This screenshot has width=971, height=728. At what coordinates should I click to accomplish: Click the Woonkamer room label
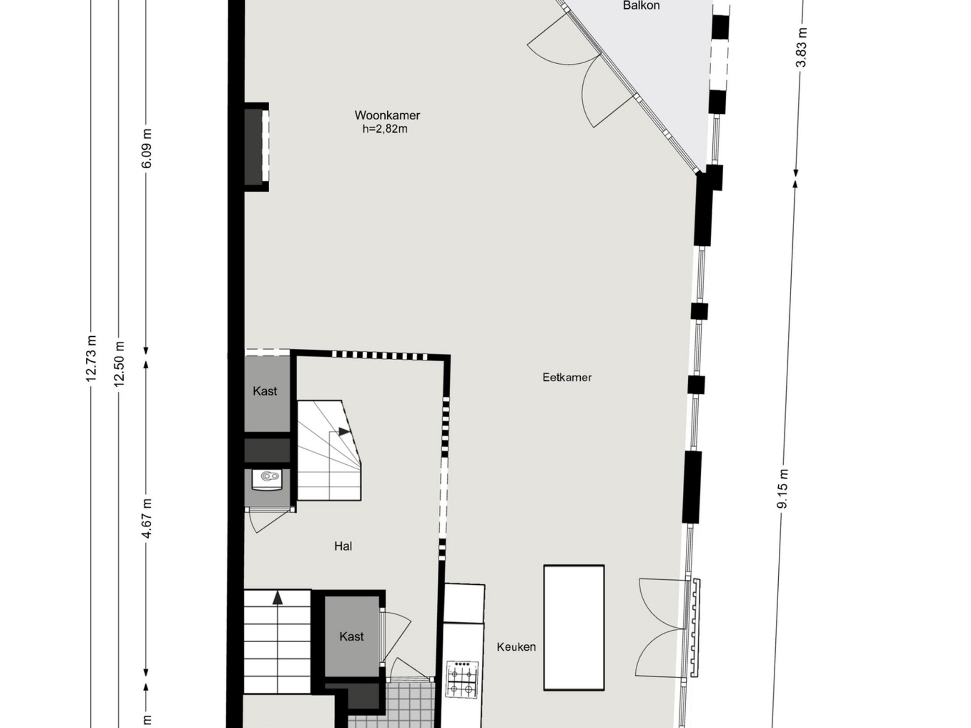[x=387, y=115]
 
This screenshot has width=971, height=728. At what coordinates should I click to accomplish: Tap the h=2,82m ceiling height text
[x=385, y=129]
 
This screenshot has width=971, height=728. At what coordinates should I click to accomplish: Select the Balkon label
[x=641, y=6]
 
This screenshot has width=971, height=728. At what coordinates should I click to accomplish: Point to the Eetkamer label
[x=567, y=377]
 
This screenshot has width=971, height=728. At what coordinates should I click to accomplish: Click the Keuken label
[x=516, y=647]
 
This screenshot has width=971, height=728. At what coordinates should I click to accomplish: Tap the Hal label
[x=343, y=546]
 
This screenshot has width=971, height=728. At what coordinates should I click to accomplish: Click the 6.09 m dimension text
[x=147, y=148]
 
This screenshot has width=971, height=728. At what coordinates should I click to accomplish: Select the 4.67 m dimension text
[x=147, y=518]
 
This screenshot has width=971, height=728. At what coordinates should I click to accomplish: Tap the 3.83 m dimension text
[x=801, y=47]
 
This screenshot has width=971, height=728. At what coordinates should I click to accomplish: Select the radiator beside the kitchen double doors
[x=695, y=628]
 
